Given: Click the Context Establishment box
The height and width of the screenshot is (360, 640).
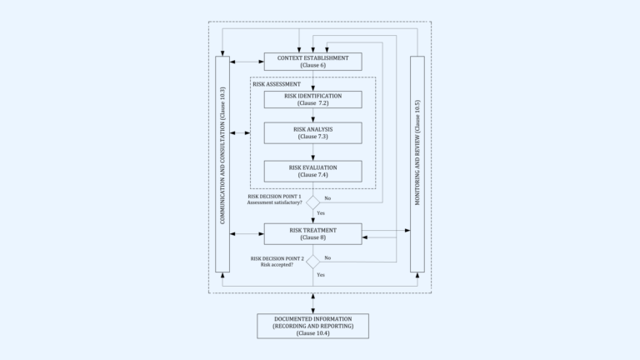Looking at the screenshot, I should (x=312, y=61).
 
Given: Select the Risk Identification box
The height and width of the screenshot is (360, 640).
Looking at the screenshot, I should (x=312, y=99).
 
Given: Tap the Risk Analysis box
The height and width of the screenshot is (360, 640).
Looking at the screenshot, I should (x=312, y=133).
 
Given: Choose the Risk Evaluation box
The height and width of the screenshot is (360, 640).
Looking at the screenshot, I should (x=312, y=171).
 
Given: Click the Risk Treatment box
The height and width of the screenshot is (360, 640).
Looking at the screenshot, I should (x=312, y=233).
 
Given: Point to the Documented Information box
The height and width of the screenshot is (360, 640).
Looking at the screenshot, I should (x=312, y=326).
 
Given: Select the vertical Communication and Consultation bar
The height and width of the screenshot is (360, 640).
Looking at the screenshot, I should (x=222, y=164).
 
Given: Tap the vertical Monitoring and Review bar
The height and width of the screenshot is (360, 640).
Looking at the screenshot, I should (x=417, y=164).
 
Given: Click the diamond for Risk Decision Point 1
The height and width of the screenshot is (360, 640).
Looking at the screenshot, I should (x=312, y=202).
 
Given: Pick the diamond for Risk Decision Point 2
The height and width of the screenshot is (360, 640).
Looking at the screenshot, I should (x=312, y=261).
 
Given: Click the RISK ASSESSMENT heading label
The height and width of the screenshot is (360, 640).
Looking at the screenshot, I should (x=277, y=84).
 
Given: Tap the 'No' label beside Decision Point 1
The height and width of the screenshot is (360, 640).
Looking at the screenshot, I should (x=327, y=198).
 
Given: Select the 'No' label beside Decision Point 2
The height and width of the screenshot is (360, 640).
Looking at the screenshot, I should (x=327, y=257).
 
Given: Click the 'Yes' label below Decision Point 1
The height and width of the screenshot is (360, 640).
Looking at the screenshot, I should (x=321, y=214).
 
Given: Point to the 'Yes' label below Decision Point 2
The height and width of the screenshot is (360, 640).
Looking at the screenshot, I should (x=321, y=274).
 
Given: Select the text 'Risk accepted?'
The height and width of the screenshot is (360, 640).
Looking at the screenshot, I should (x=277, y=264).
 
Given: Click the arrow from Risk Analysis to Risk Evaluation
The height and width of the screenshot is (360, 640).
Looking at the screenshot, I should (x=312, y=152).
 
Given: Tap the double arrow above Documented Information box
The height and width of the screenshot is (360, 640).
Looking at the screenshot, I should (x=312, y=303).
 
